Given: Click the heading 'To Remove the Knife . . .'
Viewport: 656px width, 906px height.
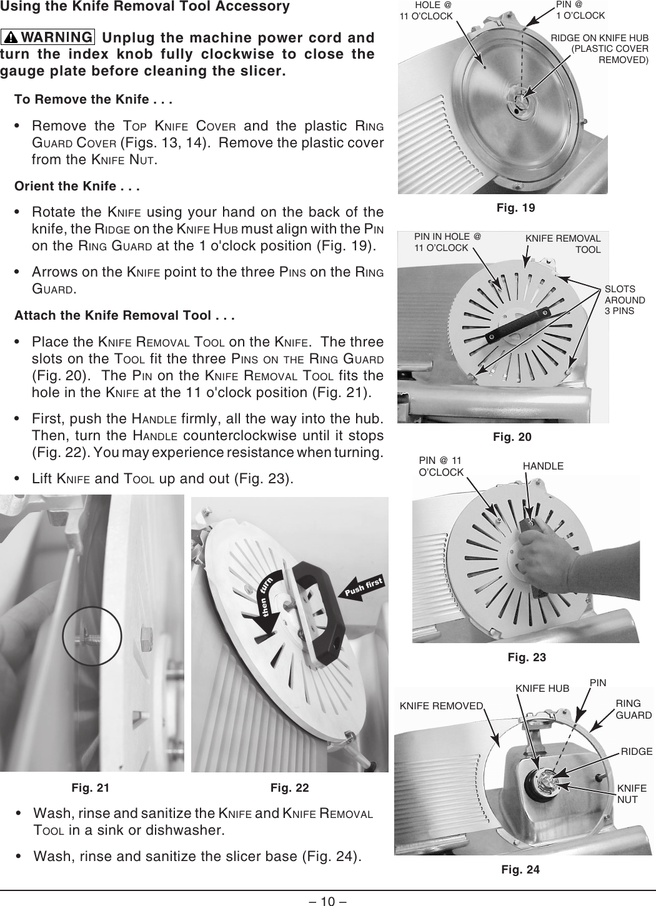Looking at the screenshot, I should [94, 100].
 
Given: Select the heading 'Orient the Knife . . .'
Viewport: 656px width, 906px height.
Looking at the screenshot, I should [77, 186].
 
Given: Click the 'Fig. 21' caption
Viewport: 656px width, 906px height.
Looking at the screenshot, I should [90, 788].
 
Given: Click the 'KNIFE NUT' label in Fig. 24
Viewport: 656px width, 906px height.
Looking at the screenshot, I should [631, 794].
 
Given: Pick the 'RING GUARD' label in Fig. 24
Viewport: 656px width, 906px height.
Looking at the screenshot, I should [634, 709].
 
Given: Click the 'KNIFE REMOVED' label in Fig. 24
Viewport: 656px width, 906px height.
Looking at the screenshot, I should [441, 706].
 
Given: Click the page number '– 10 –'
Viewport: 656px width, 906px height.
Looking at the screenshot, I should [328, 900].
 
